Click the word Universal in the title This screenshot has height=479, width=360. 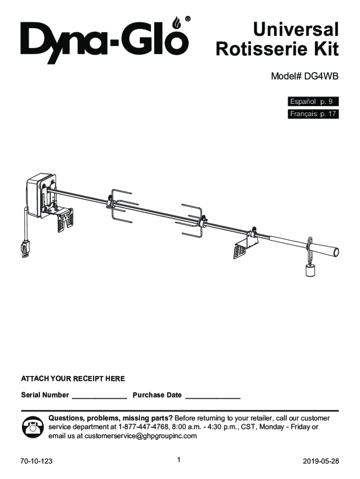295,29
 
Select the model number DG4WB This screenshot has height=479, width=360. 321,76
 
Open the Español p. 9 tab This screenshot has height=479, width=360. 313,102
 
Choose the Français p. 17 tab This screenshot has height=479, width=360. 313,114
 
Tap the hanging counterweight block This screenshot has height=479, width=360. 310,270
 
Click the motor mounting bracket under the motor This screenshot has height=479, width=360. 62,219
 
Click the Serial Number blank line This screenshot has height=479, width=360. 99,398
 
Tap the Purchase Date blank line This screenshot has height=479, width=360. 213,398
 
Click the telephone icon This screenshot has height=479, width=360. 33,427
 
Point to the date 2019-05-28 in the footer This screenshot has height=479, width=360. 321,461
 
